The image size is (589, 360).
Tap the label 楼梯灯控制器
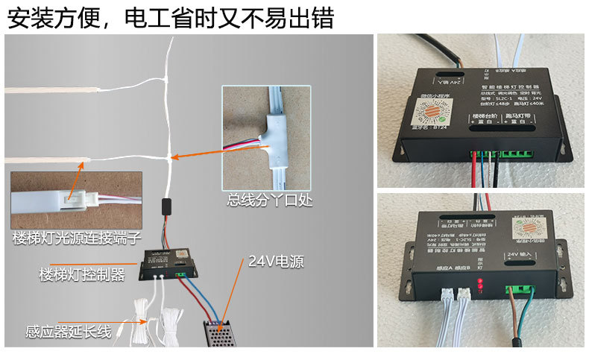click(x=81, y=274)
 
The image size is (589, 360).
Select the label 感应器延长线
click(x=69, y=332)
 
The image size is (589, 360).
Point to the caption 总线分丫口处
click(x=265, y=200)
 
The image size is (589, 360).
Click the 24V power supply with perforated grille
click(x=227, y=332)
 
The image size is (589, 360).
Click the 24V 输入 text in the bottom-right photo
click(x=521, y=255)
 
